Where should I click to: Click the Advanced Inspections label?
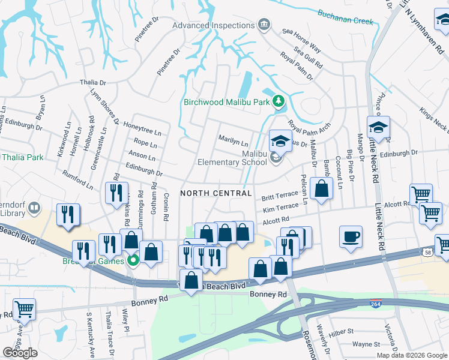click(x=213, y=25)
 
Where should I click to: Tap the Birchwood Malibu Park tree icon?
click(x=278, y=101)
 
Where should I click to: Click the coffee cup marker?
click(x=351, y=236)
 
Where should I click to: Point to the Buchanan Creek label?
click(x=345, y=20)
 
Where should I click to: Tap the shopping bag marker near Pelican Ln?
click(x=322, y=188)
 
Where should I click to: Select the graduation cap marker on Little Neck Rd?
click(x=378, y=127)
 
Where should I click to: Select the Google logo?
click(x=20, y=353)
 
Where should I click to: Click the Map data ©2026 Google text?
click(x=412, y=355)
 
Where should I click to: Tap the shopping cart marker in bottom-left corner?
click(x=24, y=310)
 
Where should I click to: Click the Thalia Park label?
click(x=22, y=158)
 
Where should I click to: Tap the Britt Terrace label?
click(x=280, y=196)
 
